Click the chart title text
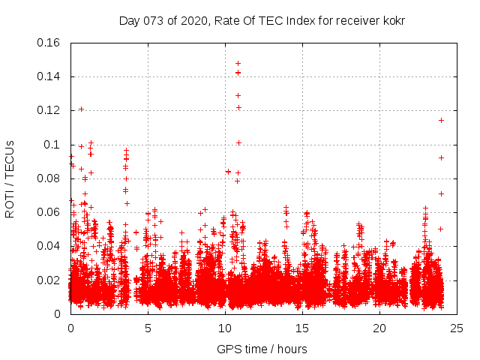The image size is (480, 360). pyautogui.click(x=262, y=20)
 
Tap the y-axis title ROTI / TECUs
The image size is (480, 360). pyautogui.click(x=10, y=178)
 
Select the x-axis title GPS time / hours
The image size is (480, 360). pyautogui.click(x=262, y=349)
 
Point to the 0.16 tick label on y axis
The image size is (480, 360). pyautogui.click(x=49, y=43)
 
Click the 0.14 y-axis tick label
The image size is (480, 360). pyautogui.click(x=49, y=76)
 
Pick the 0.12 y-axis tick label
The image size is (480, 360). pyautogui.click(x=49, y=110)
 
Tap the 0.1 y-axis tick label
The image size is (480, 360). pyautogui.click(x=54, y=145)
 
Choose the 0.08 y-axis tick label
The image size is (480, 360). pyautogui.click(x=49, y=178)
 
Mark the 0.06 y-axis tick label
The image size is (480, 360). pyautogui.click(x=49, y=212)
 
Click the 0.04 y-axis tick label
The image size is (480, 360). pyautogui.click(x=49, y=246)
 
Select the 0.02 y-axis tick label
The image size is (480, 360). pyautogui.click(x=49, y=280)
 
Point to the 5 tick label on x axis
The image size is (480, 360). pyautogui.click(x=148, y=328)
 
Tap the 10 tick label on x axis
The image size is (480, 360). pyautogui.click(x=225, y=328)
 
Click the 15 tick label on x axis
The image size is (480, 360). pyautogui.click(x=302, y=328)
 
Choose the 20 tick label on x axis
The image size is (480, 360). pyautogui.click(x=379, y=328)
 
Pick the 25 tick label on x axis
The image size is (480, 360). pyautogui.click(x=457, y=328)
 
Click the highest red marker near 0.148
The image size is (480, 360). pyautogui.click(x=238, y=63)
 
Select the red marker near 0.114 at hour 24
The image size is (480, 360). pyautogui.click(x=441, y=120)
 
